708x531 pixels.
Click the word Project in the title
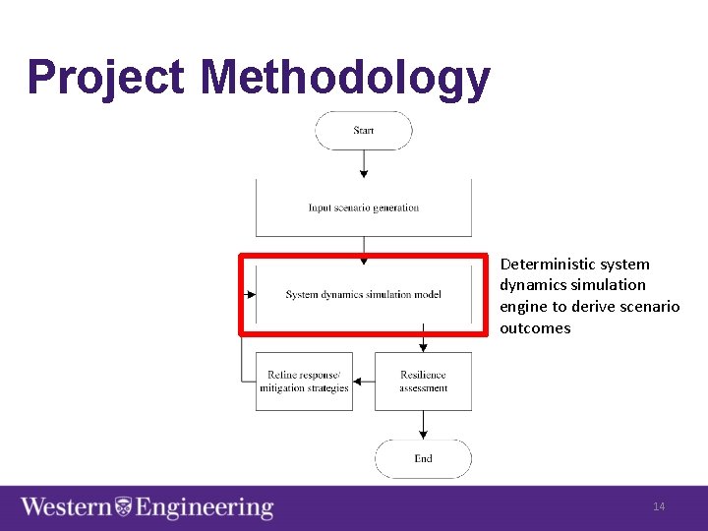click(105, 78)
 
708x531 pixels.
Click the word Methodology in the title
click(345, 78)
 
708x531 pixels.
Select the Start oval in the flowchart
click(364, 131)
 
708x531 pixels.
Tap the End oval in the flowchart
click(423, 458)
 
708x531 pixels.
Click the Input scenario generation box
click(364, 207)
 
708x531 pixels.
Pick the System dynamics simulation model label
click(364, 295)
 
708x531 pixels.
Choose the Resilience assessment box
click(423, 382)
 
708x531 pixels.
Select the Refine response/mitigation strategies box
click(304, 382)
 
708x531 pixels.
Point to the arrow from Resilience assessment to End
click(423, 425)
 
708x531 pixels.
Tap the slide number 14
click(659, 506)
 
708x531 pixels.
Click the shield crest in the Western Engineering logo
click(124, 507)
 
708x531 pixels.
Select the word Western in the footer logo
click(66, 507)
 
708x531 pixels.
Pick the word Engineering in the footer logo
click(205, 507)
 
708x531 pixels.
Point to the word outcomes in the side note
click(535, 327)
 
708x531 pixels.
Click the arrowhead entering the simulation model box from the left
click(251, 294)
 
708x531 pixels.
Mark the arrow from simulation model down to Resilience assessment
click(423, 339)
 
